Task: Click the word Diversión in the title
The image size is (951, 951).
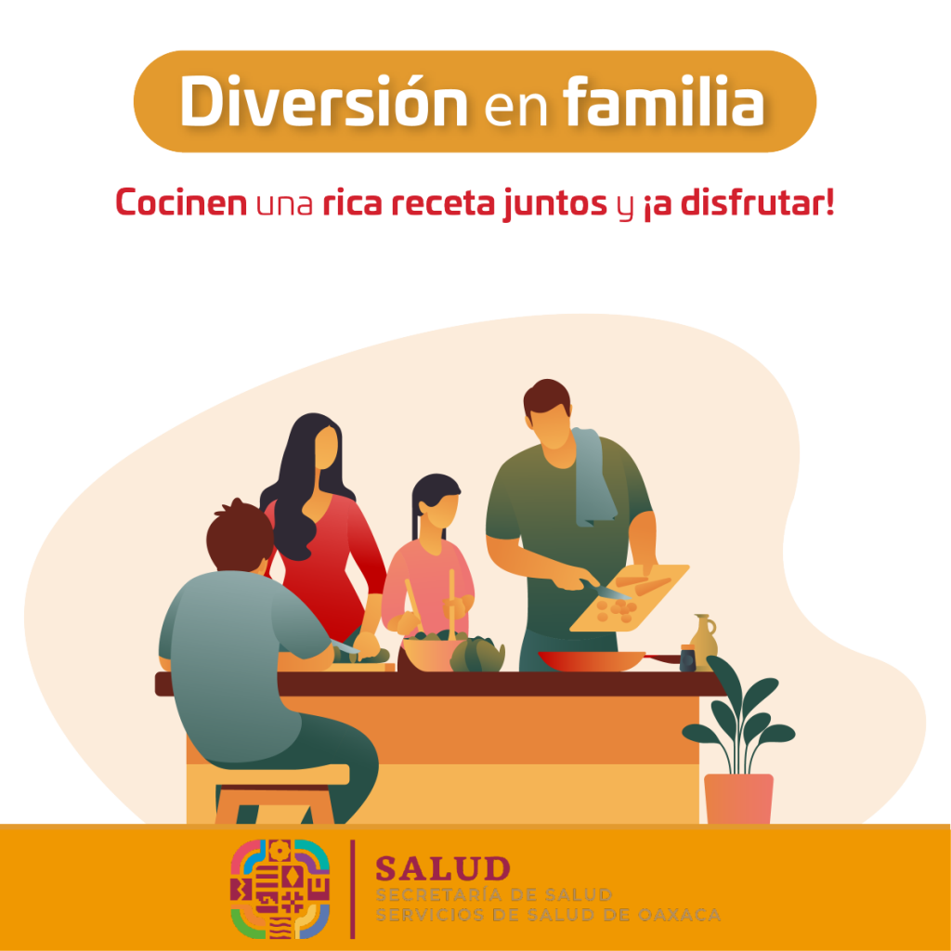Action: (x=324, y=101)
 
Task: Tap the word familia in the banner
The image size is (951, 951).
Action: (x=664, y=100)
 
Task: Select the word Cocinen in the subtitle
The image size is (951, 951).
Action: (x=181, y=202)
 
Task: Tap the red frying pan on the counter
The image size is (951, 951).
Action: (x=606, y=660)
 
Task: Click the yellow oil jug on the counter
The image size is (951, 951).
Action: (x=704, y=642)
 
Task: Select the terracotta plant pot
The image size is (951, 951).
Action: (x=738, y=798)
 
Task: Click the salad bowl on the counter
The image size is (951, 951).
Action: (x=431, y=653)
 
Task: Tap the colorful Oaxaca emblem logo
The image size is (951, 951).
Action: (x=280, y=889)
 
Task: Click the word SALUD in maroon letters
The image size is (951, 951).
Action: (x=443, y=868)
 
